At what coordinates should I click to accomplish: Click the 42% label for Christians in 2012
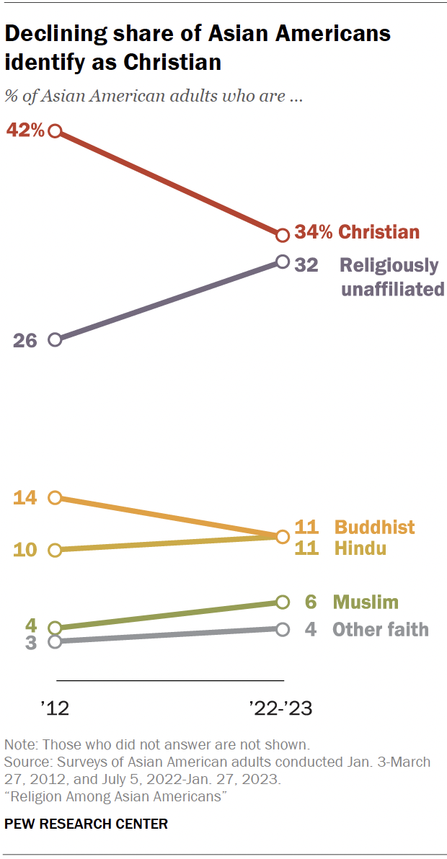[25, 130]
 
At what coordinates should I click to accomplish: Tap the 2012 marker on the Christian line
[55, 131]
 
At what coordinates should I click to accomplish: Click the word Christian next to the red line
[379, 232]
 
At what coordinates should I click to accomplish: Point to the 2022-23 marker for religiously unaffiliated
[283, 262]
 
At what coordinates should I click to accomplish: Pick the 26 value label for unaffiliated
[25, 340]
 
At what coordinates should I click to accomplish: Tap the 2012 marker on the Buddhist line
[55, 497]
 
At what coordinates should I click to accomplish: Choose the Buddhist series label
[375, 527]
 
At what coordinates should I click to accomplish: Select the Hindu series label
[360, 548]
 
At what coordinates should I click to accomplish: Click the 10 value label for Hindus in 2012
[25, 550]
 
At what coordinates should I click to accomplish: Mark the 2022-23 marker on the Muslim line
[283, 602]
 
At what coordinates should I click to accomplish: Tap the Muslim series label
[366, 602]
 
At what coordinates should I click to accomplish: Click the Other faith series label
[380, 629]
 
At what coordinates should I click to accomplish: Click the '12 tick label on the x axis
[55, 708]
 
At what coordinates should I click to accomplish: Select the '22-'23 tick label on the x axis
[280, 708]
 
